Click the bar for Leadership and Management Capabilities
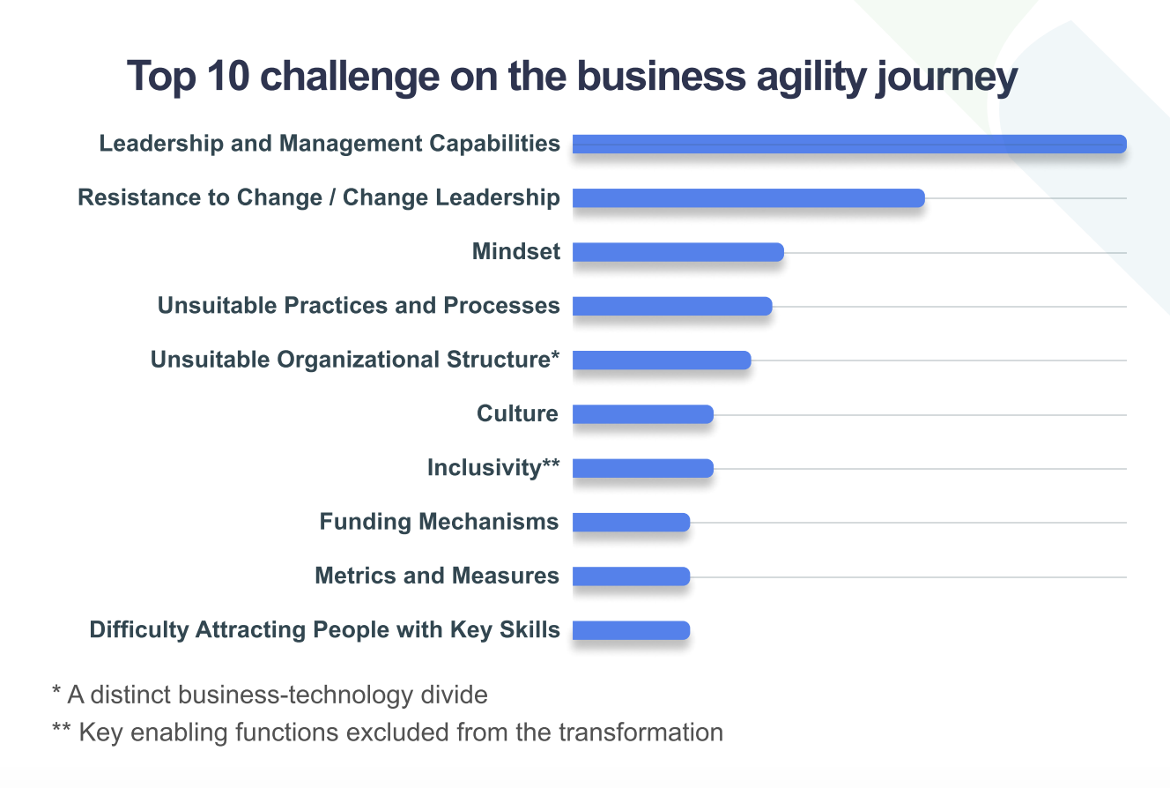point(849,144)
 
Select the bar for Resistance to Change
point(748,198)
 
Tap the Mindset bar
point(678,252)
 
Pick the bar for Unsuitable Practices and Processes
point(672,306)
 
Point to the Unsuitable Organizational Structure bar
point(662,360)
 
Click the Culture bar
point(642,414)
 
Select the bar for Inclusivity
point(642,468)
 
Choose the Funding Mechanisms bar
point(631,523)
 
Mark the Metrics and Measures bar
point(631,576)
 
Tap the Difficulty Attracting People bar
point(631,630)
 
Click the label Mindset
point(516,251)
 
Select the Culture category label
point(517,413)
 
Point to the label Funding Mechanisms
point(439,522)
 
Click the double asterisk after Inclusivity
point(551,464)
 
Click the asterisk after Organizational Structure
point(556,355)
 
